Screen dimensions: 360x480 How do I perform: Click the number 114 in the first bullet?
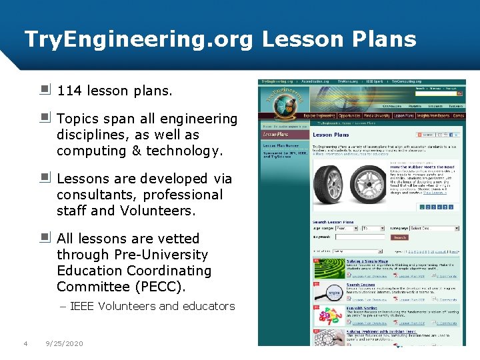coord(70,91)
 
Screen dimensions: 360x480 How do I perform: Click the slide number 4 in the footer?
coord(25,343)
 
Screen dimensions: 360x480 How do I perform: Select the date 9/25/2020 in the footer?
coord(64,343)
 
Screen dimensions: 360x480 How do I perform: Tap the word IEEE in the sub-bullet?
coord(82,306)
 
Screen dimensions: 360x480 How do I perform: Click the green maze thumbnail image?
coord(329,267)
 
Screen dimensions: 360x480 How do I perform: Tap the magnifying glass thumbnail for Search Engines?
coord(329,293)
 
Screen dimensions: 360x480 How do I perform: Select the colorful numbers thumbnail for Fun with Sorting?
coord(329,315)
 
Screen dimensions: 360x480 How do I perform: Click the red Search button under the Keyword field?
coord(399,237)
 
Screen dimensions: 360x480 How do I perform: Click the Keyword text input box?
coord(361,237)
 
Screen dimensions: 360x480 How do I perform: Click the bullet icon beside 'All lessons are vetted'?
coord(45,237)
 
